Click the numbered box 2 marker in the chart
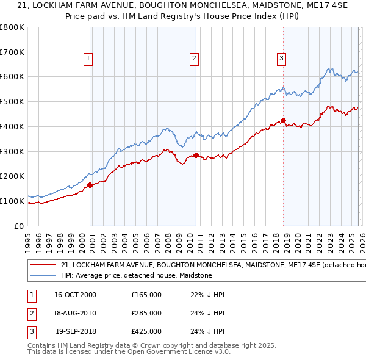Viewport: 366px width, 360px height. [x=194, y=59]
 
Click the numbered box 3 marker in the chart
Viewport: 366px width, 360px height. [x=281, y=59]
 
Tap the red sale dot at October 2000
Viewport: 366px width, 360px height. [x=90, y=185]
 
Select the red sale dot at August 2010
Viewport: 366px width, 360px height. [x=196, y=155]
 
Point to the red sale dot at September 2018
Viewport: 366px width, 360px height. [x=284, y=120]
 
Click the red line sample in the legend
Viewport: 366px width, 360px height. [x=42, y=265]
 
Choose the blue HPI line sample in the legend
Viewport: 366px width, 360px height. [x=42, y=276]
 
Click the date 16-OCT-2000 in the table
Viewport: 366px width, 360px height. [x=75, y=295]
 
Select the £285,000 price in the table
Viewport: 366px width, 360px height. [x=146, y=313]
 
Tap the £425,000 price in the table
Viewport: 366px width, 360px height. [x=146, y=332]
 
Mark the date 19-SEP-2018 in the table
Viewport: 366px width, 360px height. [x=76, y=332]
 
